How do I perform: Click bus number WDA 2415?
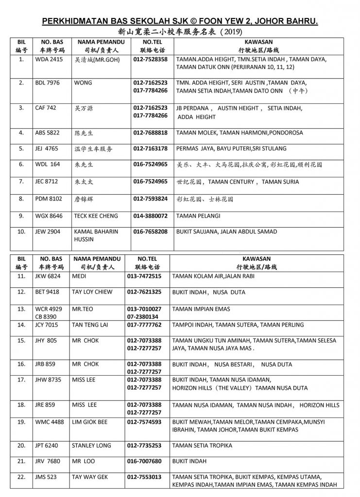(x=49, y=59)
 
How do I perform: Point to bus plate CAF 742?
(x=46, y=108)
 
